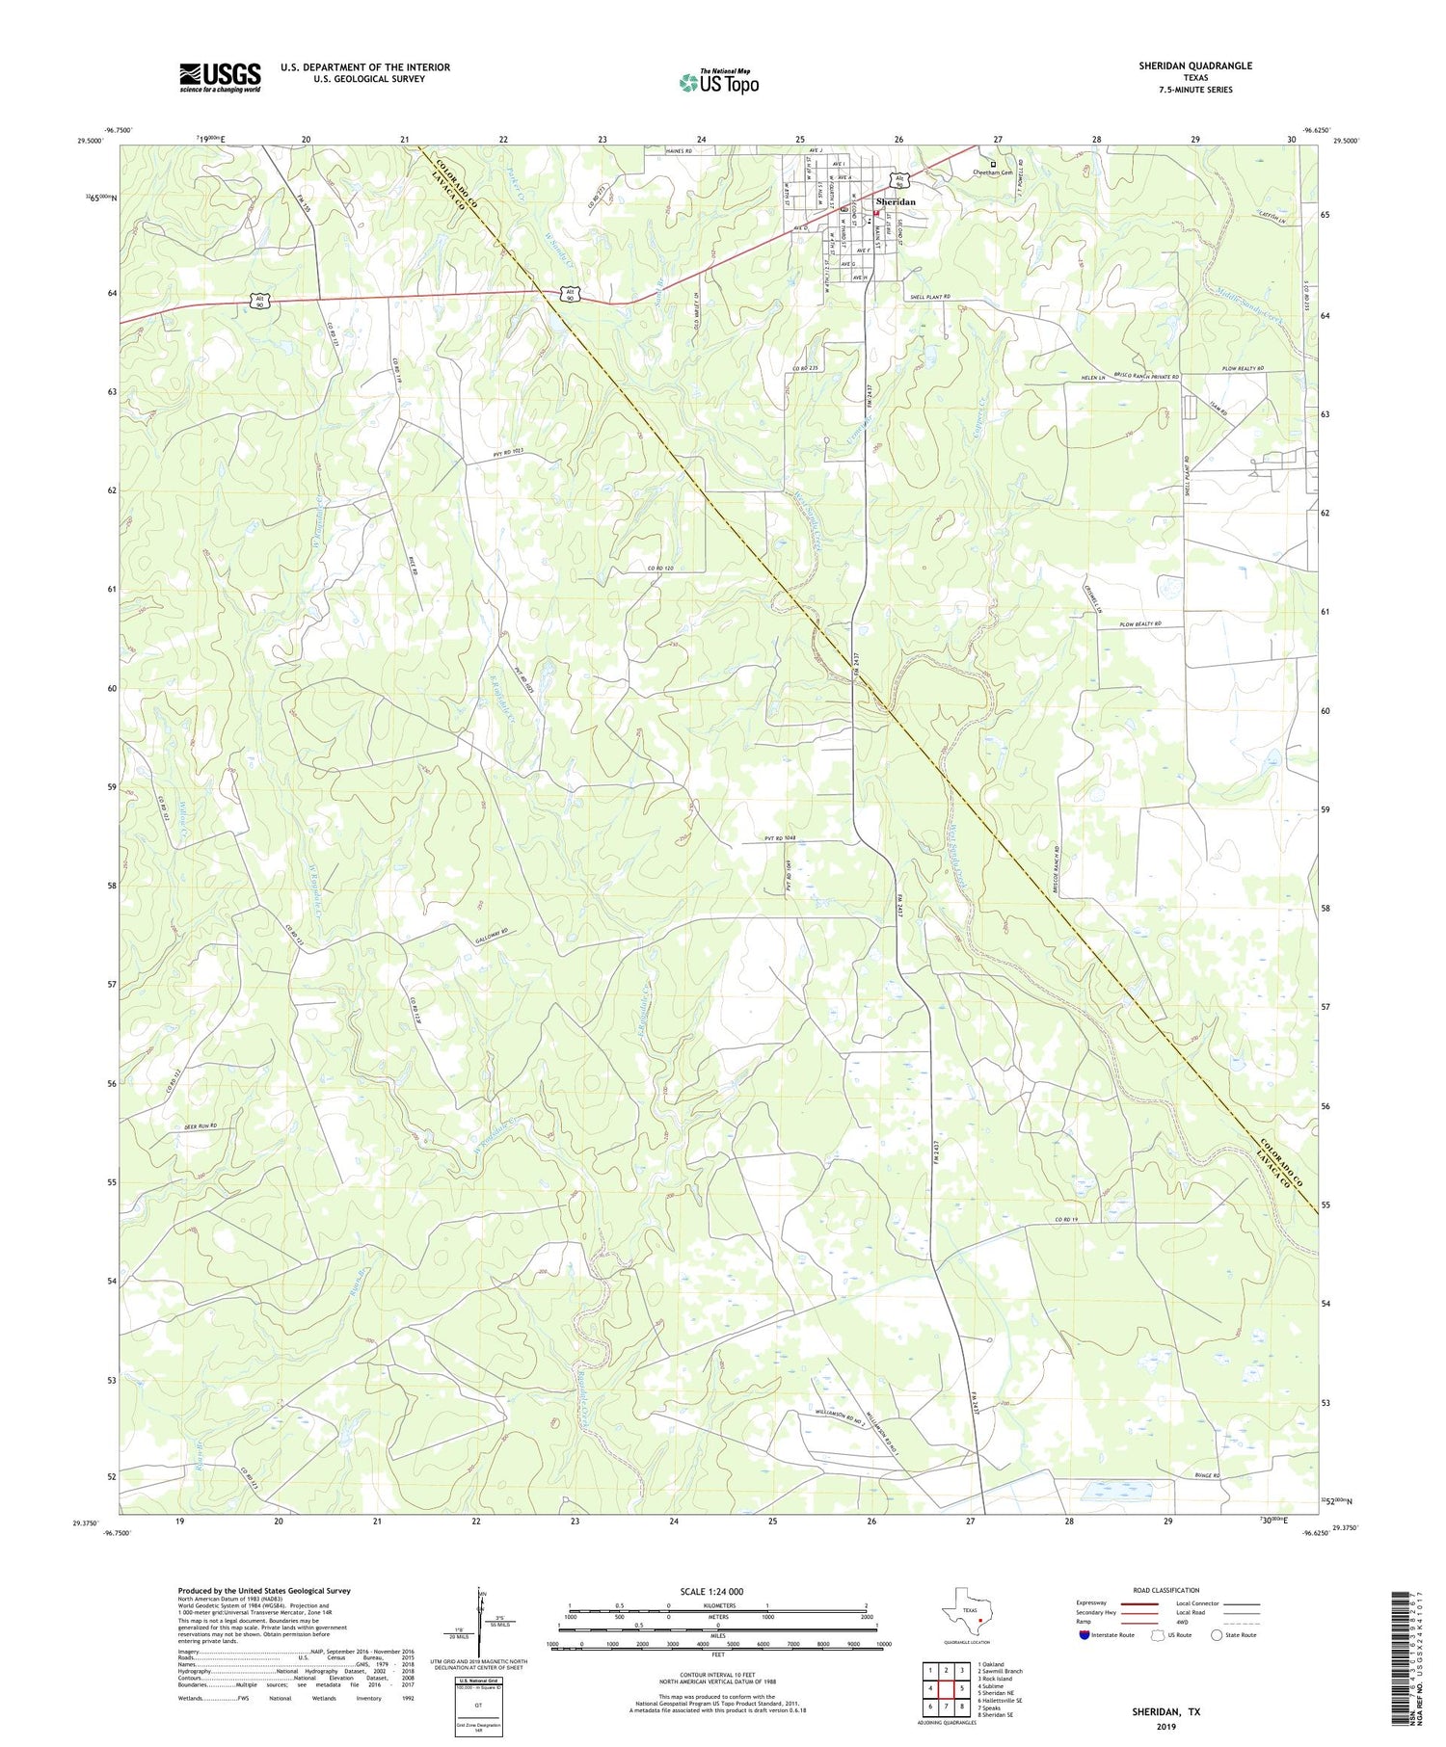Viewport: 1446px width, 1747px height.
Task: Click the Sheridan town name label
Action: [x=896, y=201]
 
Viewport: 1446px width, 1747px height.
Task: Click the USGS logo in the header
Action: [x=220, y=77]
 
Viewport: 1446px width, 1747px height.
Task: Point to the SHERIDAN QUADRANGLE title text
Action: [x=1195, y=66]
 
